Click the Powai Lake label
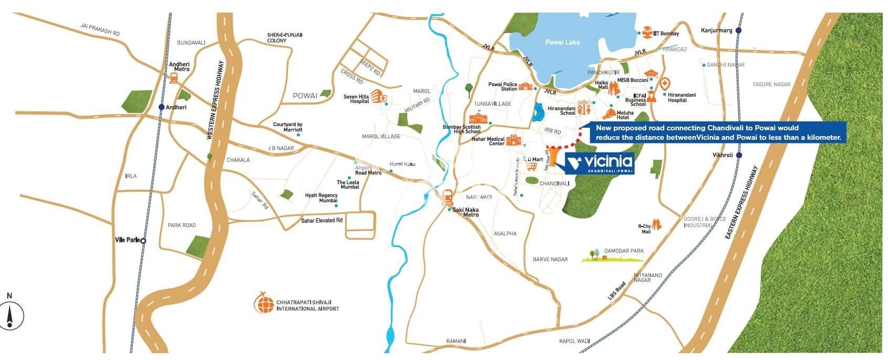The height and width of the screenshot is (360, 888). [x=562, y=42]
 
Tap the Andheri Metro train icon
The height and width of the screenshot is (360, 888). [x=173, y=78]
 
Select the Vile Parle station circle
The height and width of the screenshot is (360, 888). [x=143, y=241]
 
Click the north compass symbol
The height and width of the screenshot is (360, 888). [x=10, y=316]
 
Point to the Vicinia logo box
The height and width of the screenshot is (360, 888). [x=600, y=163]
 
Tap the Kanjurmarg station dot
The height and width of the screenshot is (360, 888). [x=739, y=30]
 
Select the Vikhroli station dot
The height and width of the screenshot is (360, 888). [x=739, y=155]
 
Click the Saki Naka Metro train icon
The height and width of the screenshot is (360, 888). [x=448, y=198]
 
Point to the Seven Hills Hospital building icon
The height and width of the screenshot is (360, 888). [x=377, y=96]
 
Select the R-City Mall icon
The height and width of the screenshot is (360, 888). [x=657, y=225]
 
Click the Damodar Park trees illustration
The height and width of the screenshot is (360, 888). [x=594, y=254]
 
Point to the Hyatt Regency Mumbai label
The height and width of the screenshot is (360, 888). [x=321, y=198]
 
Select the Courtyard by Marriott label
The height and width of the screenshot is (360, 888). [x=287, y=127]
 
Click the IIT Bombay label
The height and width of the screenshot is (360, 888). [x=666, y=34]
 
